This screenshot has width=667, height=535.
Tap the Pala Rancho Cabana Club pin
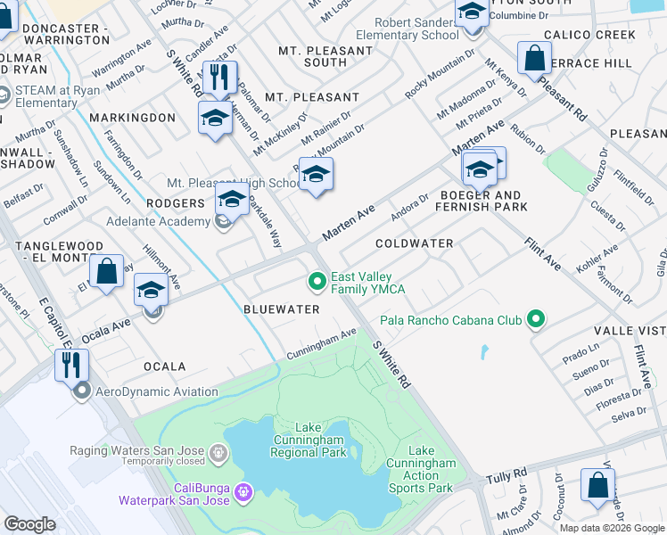535,319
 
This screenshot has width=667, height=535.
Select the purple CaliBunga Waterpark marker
244,491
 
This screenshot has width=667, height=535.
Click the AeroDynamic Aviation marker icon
83,391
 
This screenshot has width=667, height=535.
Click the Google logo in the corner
29,524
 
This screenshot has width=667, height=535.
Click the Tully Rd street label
506,479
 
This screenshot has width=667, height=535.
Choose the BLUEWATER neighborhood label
281,309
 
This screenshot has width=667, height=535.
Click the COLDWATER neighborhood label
414,243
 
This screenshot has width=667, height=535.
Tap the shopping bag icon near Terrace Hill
534,59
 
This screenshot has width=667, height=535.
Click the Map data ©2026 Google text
611,527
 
